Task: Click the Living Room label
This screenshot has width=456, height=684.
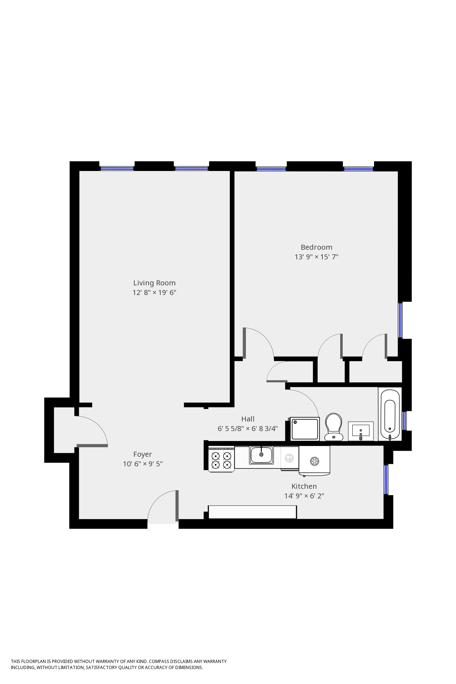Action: (154, 283)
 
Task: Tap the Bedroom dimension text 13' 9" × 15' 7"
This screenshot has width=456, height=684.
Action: (316, 257)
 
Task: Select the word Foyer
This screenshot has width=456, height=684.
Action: (142, 454)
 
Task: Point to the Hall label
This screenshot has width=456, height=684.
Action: (248, 419)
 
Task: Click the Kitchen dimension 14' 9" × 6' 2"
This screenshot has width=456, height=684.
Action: (304, 496)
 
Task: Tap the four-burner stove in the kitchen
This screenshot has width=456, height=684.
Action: (221, 460)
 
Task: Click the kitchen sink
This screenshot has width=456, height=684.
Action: (261, 455)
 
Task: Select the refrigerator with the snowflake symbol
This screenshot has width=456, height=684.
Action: (314, 461)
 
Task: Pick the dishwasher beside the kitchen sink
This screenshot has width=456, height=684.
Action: (289, 458)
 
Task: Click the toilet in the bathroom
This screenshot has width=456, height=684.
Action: (333, 427)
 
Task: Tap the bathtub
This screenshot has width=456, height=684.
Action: (390, 415)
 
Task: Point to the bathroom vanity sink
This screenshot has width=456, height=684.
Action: (361, 431)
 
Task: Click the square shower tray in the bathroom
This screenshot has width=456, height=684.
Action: (305, 429)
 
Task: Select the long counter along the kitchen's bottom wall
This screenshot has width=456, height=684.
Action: (252, 512)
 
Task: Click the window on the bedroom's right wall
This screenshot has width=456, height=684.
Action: (400, 320)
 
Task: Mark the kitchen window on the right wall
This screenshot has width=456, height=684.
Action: (386, 480)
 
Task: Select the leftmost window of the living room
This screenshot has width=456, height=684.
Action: (116, 169)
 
